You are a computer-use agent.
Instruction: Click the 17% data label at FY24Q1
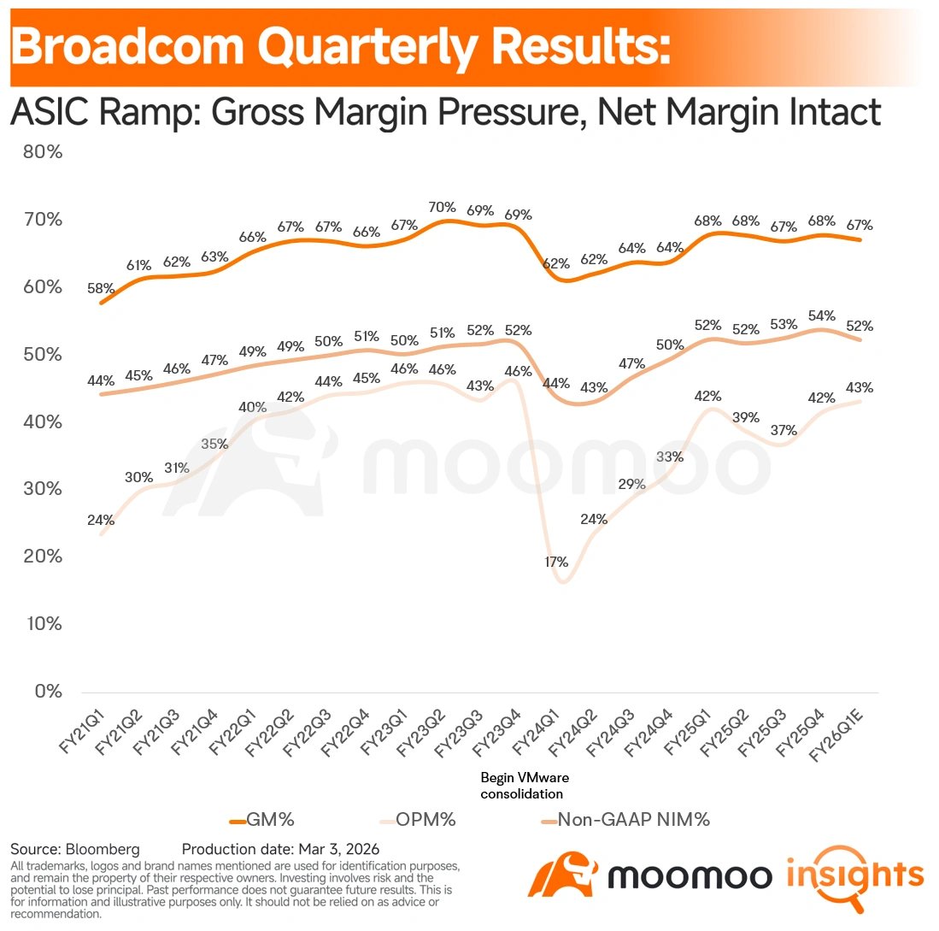556,562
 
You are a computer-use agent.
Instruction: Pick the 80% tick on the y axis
42,152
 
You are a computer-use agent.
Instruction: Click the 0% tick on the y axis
46,691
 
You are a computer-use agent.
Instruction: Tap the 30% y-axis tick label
42,489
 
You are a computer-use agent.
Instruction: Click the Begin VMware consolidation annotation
524,785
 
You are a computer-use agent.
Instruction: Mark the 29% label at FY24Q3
632,485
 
